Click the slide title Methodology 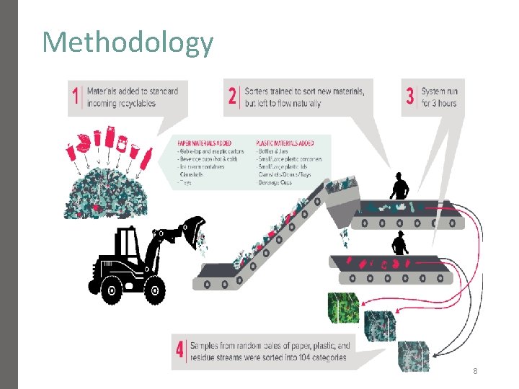tap(128, 43)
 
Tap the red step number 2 tap(233, 97)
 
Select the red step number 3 tap(410, 97)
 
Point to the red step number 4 tap(180, 351)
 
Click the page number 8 tap(475, 371)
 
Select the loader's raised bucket tap(194, 231)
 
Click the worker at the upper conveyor tap(399, 187)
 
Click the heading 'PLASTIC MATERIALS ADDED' tap(285, 142)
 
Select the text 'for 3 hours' tap(440, 103)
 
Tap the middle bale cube tap(379, 326)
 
